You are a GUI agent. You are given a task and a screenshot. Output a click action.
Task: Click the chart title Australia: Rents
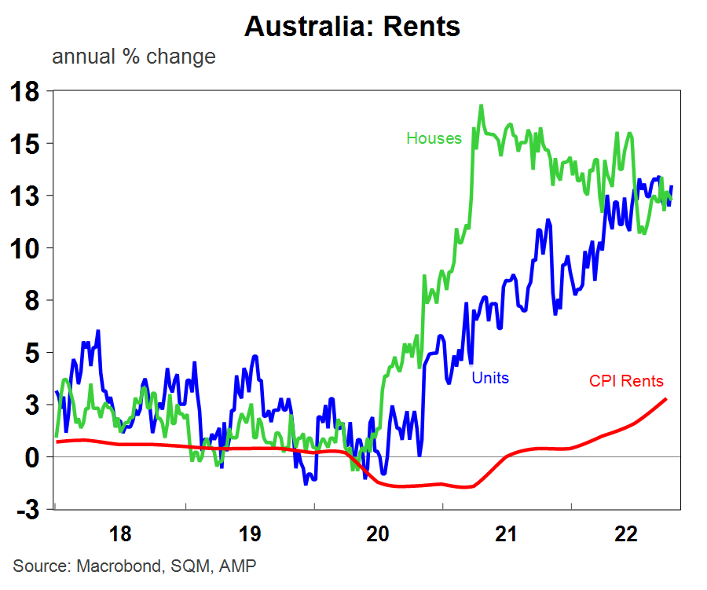352,26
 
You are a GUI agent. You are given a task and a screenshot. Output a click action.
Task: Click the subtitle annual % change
134,57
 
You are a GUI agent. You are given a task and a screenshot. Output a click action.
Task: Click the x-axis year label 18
119,535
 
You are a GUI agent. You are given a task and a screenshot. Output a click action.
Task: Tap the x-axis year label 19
248,535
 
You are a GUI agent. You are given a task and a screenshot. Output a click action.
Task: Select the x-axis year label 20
377,535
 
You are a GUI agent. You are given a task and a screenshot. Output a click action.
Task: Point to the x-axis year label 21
506,535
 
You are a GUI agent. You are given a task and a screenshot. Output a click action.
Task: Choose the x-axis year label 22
627,535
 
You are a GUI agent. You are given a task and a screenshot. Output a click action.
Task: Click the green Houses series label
434,138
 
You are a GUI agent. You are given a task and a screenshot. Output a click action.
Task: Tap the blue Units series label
490,378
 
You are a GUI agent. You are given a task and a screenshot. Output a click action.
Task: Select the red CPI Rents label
626,382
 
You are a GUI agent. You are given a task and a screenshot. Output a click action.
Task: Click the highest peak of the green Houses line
481,105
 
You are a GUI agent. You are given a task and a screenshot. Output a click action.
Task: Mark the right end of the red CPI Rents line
666,399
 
